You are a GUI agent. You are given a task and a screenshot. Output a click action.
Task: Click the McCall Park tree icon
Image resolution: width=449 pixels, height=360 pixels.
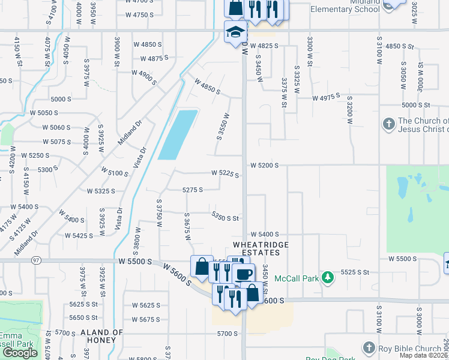coord(328,278)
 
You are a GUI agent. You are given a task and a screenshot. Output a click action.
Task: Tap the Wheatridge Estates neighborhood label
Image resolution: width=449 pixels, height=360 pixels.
coord(261,249)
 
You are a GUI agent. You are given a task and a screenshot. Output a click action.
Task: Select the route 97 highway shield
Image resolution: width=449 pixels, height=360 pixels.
coord(37,260)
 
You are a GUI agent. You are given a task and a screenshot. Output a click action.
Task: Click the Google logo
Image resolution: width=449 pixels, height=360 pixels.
coord(20,353)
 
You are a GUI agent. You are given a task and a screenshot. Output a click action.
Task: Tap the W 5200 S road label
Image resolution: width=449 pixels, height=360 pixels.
coord(264,165)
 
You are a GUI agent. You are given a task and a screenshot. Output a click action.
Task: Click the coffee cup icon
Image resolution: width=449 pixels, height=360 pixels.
coord(244,275)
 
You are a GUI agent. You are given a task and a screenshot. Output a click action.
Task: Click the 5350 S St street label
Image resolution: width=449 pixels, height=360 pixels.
coord(225,218)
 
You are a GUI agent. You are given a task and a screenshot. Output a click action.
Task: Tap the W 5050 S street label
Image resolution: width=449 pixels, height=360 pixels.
coord(44,113)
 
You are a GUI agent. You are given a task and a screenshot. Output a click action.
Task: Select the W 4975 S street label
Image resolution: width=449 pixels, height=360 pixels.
coord(326,97)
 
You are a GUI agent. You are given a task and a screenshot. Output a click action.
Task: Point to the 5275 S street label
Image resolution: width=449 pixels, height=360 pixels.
coord(192,190)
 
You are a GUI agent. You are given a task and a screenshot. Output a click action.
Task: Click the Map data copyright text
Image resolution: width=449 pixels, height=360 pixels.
coord(423,355)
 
